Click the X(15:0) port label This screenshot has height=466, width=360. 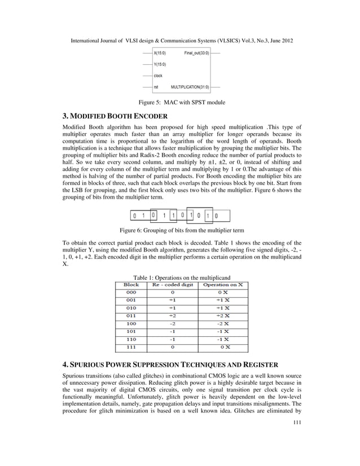(x=160, y=52)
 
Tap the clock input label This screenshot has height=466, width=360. (x=159, y=76)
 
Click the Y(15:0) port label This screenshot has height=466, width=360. (x=160, y=64)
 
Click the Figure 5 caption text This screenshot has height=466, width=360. (x=179, y=103)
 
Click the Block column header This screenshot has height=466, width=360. (x=131, y=285)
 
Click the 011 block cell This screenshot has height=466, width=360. (x=131, y=316)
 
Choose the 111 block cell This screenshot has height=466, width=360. (x=131, y=348)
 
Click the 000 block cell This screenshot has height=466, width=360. (x=131, y=293)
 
